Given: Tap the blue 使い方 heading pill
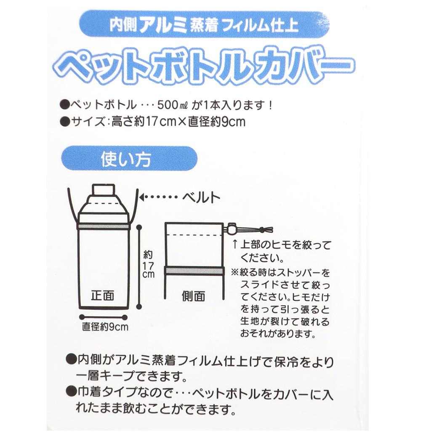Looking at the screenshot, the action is pos(129,158).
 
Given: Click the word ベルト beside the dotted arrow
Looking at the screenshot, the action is pos(201,197).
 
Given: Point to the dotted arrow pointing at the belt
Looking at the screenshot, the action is pos(158,197).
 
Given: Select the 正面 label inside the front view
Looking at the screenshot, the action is pos(102,295).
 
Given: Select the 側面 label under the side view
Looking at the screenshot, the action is pos(193,296).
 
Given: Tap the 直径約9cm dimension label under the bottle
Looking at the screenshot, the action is pos(105,327).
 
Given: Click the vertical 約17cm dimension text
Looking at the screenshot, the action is pos(148,264).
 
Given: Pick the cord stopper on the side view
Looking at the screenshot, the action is pos(232,229).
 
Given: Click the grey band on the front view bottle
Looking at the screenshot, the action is pos(104,226).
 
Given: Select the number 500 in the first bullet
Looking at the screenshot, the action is pos(167,105).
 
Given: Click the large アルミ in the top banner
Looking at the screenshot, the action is pos(163,25).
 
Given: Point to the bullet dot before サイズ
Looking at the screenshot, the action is pos(65,122).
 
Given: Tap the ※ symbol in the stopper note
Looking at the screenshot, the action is pos(235,272).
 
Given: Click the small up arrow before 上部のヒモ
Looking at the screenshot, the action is pos(234,244).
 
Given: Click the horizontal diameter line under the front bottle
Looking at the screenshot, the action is pos(103,317).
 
